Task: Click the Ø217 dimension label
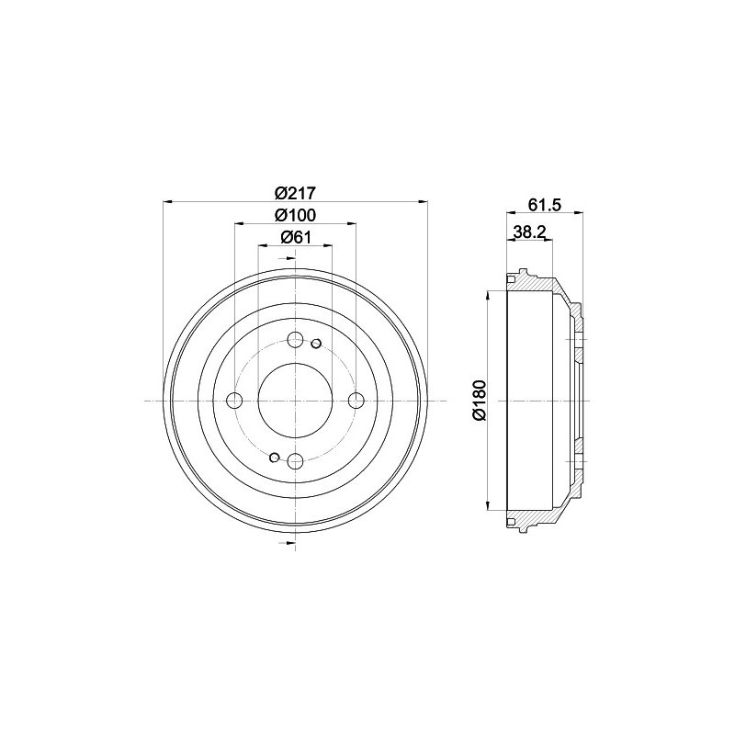(x=295, y=193)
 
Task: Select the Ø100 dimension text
(x=295, y=215)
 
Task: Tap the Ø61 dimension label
(x=295, y=237)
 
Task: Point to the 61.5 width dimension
(x=545, y=205)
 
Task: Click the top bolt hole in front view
(x=295, y=340)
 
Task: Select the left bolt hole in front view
(x=234, y=401)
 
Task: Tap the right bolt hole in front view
(x=356, y=401)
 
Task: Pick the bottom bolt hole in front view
(x=295, y=462)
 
